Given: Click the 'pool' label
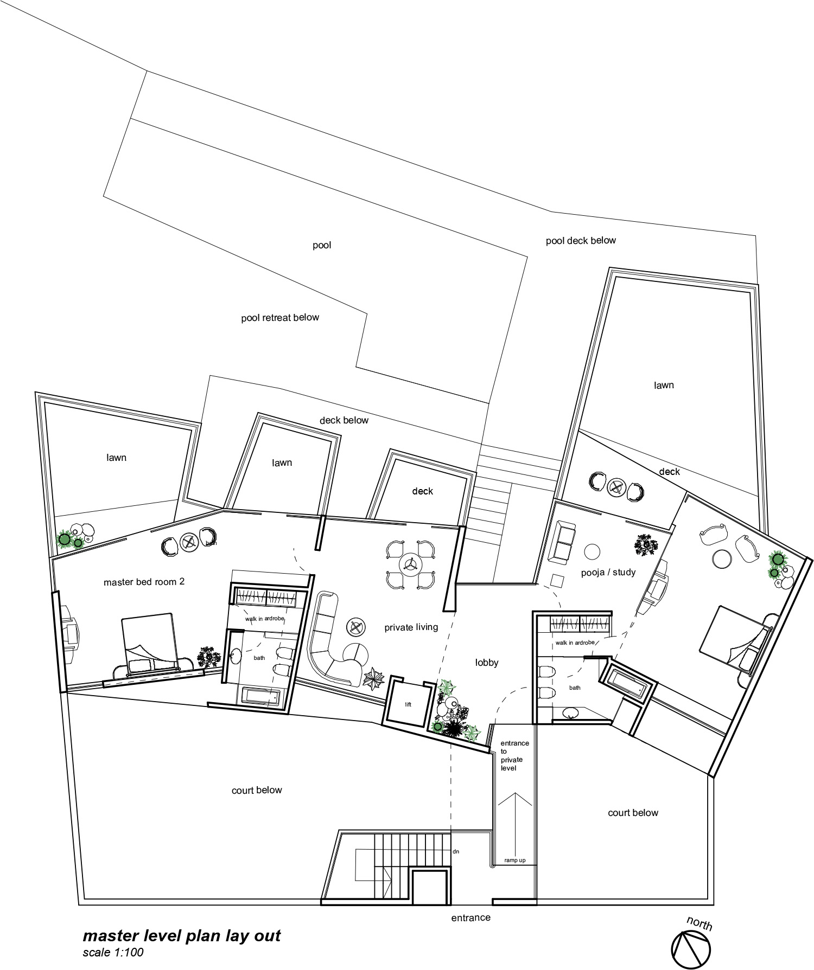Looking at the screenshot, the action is pos(322,246).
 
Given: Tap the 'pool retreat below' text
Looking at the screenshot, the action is pos(280,318).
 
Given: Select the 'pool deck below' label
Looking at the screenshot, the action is pos(581,241).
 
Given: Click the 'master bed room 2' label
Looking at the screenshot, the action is pos(144,582).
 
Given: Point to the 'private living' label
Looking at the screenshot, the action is pos(411,627).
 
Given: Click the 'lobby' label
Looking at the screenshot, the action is pos(486,663).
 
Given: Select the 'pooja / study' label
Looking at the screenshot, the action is pos(608,572).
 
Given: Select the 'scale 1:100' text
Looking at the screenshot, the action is pos(113,952).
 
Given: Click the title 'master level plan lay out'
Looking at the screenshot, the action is pos(182,936).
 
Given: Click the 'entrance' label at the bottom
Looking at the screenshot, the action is pos(470,917).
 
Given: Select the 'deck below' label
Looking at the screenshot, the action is pos(344,420).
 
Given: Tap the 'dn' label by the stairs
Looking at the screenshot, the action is pos(456,851).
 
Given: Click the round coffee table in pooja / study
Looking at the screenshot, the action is pos(592,552).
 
